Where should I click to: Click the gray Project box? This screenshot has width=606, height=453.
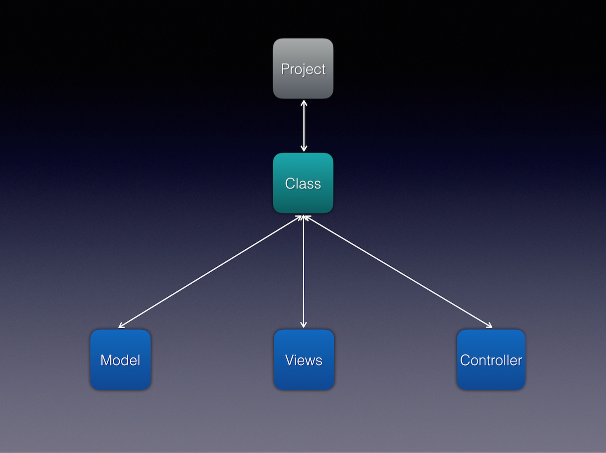click(x=303, y=68)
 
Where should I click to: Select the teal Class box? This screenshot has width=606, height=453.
click(x=303, y=183)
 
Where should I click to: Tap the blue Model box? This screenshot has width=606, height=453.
click(x=121, y=359)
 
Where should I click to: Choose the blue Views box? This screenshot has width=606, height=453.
click(x=303, y=359)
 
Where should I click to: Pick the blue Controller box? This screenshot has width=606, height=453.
click(x=491, y=359)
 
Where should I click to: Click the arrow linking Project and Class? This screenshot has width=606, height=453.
click(x=303, y=126)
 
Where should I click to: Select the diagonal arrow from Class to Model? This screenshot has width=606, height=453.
click(x=210, y=271)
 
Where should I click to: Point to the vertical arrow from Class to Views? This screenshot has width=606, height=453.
click(x=303, y=271)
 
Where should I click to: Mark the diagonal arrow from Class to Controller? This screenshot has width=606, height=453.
click(x=398, y=271)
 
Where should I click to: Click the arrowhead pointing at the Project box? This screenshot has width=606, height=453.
click(x=303, y=103)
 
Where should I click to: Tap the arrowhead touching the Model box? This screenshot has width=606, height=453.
click(x=121, y=326)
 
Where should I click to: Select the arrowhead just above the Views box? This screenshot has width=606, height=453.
click(x=303, y=325)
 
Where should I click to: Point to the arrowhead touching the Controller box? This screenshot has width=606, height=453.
click(x=489, y=326)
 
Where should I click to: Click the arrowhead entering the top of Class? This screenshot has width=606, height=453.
click(x=303, y=148)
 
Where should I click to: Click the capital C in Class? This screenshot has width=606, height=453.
click(x=291, y=184)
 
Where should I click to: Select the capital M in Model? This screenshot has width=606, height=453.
click(x=106, y=360)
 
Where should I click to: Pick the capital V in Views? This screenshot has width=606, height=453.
click(x=291, y=360)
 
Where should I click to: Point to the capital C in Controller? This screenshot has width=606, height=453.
click(x=466, y=360)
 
